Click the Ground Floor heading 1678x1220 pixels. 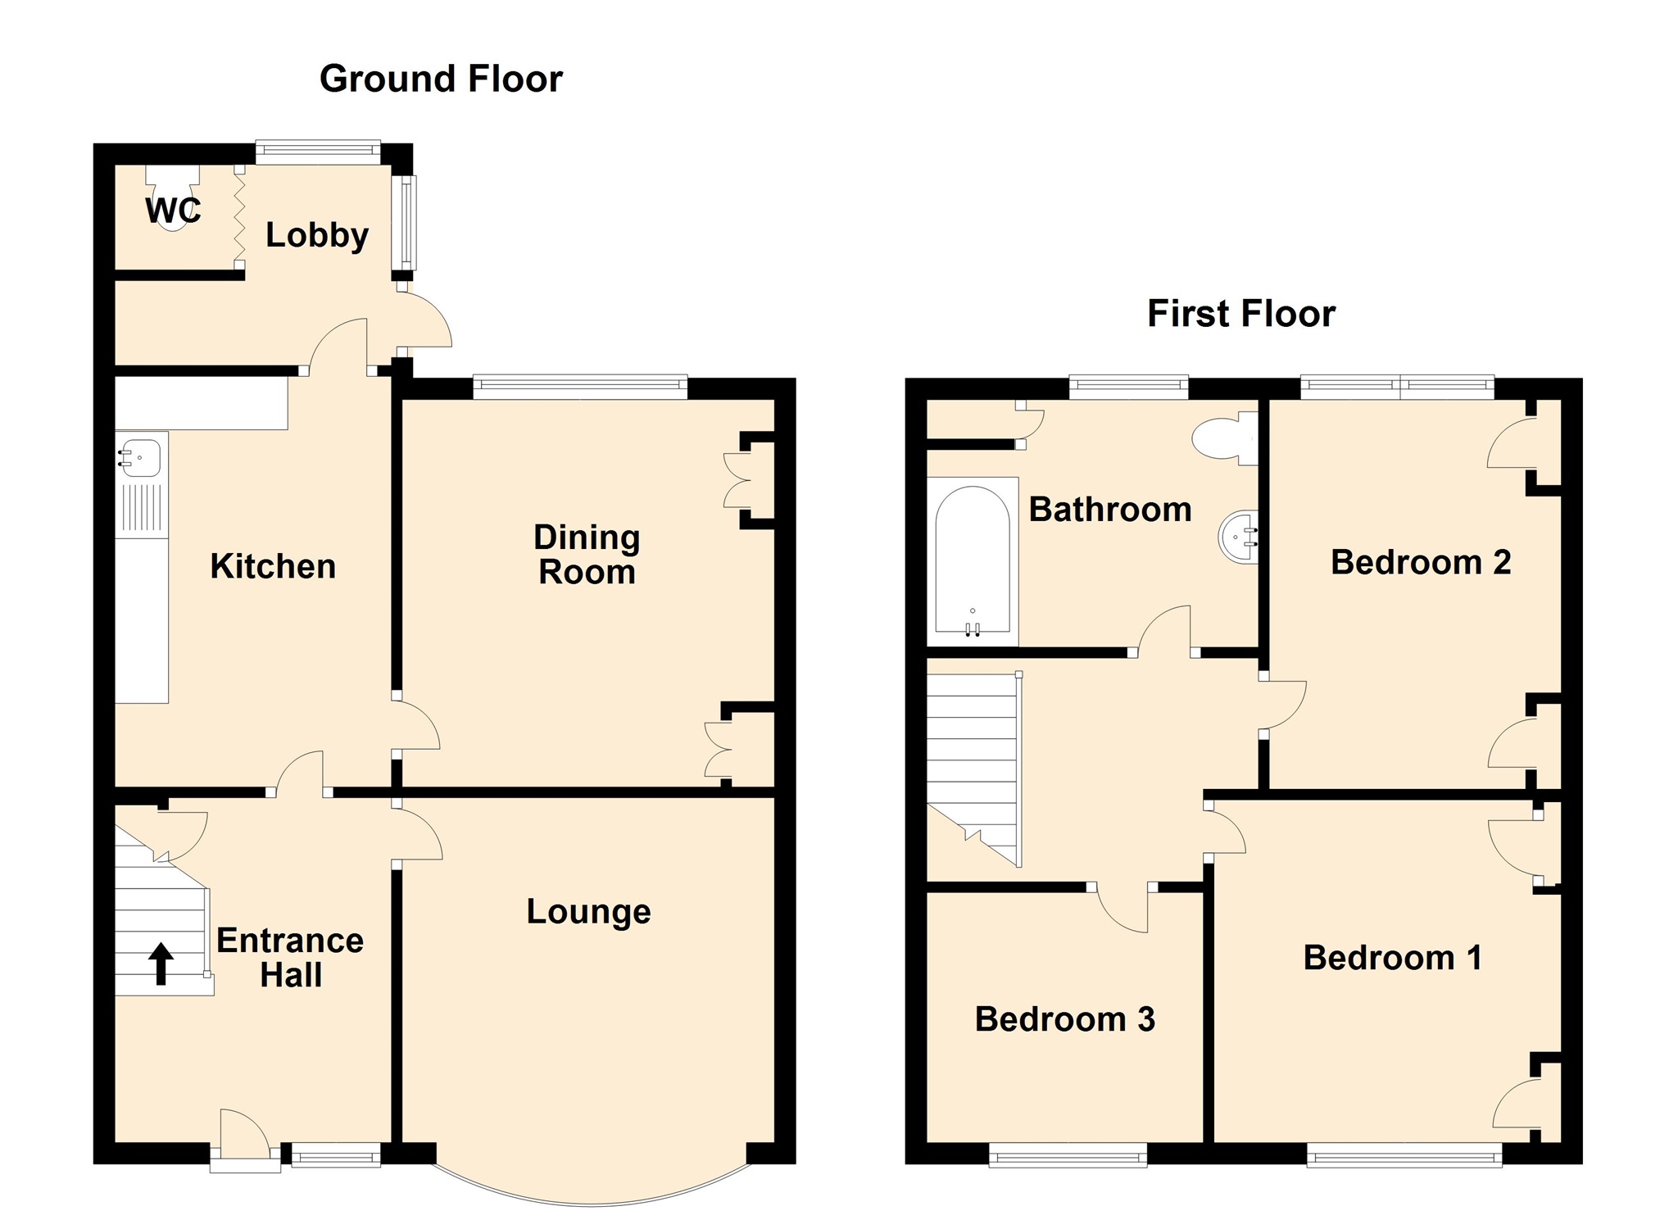(441, 79)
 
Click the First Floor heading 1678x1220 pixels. (1241, 314)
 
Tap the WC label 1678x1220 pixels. (173, 211)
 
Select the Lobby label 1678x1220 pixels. (317, 236)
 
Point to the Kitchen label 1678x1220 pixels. (273, 566)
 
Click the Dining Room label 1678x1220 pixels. (587, 555)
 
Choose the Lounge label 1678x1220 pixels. (588, 912)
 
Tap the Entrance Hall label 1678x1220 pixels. (290, 958)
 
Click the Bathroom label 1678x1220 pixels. (1110, 510)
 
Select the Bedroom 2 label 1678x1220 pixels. (1421, 562)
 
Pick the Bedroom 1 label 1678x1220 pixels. (1393, 958)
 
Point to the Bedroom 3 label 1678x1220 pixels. (1065, 1019)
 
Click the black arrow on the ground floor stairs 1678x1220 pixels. (161, 964)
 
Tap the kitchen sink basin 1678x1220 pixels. (141, 457)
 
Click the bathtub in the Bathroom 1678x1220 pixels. (973, 561)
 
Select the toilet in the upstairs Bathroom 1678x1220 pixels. (1225, 438)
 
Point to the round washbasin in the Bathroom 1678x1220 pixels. (1239, 537)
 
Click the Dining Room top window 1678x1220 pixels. (580, 387)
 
